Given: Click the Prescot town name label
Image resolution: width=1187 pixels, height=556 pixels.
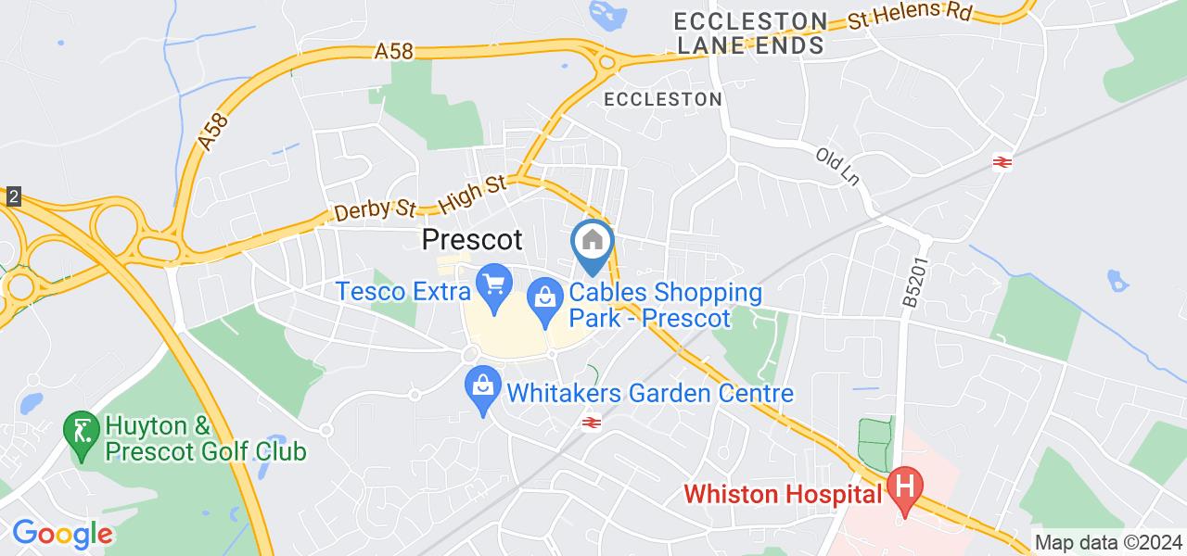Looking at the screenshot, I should coord(472,240).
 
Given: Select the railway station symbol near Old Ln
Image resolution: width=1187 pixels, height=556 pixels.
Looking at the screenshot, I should coord(1002,162).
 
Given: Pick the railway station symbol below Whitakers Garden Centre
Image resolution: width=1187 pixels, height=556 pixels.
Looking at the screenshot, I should coord(588,423).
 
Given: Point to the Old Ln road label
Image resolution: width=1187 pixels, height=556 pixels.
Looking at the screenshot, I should coord(838,164).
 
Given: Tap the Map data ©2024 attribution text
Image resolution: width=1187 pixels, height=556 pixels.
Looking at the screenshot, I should coord(1108,543).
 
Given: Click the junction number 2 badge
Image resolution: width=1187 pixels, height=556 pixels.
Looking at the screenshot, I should coord(12,196).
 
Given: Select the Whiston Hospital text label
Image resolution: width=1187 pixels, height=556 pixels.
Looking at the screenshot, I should coord(784,495).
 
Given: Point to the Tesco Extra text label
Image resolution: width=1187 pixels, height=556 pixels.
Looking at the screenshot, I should coord(404,292).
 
